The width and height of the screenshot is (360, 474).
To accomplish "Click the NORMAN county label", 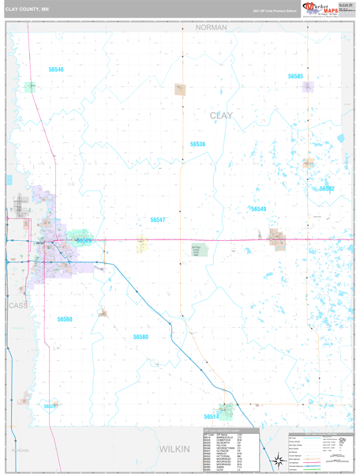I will [x=211, y=27].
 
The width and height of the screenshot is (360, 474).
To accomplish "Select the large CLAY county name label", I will [x=222, y=115].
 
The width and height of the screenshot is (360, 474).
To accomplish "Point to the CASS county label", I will [x=17, y=304].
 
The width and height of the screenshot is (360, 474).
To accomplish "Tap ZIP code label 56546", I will [x=55, y=70].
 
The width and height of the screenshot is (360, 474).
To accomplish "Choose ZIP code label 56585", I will [x=295, y=77].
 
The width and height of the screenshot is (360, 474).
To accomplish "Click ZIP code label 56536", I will [x=197, y=145].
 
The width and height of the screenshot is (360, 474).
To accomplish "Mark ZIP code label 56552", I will [x=327, y=189].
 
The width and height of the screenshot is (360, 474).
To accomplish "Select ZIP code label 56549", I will [x=258, y=209].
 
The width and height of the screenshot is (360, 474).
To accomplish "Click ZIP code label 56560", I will [x=65, y=319].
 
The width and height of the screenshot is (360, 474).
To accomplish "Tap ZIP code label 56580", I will [x=141, y=337].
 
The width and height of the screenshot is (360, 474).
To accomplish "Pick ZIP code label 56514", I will [x=211, y=416].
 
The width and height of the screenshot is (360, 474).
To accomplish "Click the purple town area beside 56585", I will [x=307, y=88].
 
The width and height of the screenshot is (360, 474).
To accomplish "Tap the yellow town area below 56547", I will [x=142, y=245].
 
